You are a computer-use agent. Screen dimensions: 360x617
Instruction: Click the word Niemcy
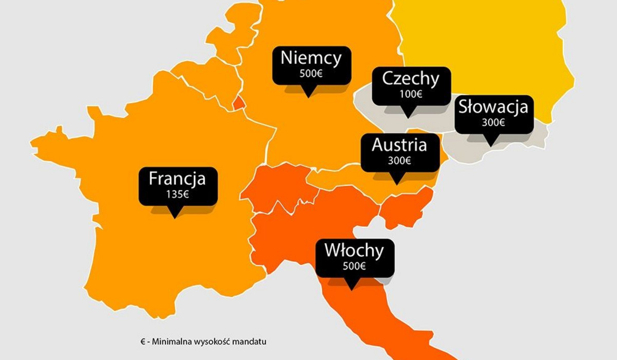coord(311,58)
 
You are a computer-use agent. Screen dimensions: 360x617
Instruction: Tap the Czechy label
coord(410,79)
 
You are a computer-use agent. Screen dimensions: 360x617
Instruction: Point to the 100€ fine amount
coord(410,94)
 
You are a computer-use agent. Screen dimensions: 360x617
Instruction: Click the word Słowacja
coord(493,107)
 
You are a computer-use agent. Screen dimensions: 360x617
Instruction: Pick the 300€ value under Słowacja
coord(493,122)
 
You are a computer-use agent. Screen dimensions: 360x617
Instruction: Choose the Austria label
coord(399,145)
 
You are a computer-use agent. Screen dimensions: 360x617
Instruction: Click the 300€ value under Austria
coord(399,160)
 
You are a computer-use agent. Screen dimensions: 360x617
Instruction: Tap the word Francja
coord(177,179)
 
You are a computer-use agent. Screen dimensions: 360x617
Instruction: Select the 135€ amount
coord(177,194)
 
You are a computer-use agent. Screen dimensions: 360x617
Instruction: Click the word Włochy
coord(354,251)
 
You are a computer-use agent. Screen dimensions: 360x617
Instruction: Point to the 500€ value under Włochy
coord(354,266)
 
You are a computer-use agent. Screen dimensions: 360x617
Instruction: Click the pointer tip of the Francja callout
coord(175,217)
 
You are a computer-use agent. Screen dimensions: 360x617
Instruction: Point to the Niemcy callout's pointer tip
coord(308,96)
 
